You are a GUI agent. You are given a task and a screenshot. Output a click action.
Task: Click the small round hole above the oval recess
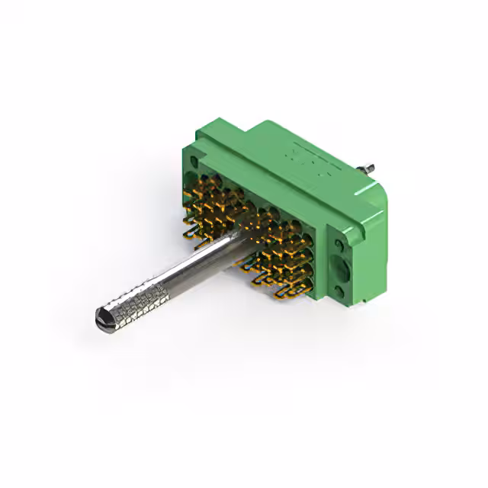click(339, 245)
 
